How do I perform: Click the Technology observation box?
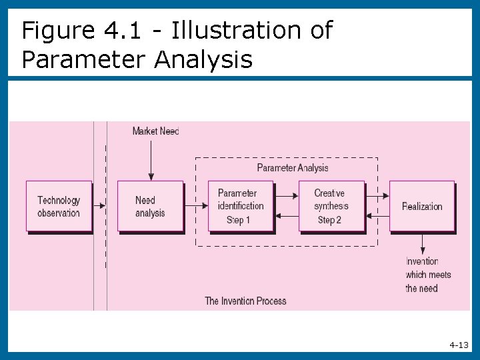point(59,206)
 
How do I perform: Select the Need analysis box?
point(150,206)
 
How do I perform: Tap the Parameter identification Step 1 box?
point(241,206)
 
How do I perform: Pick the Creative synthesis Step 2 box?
point(331,206)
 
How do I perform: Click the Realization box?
point(422,206)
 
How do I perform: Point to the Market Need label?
point(155,131)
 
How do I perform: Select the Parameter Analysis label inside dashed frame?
point(293,168)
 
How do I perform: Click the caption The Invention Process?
point(245,301)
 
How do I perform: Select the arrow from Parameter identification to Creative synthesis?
point(286,196)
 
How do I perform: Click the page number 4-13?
point(459,345)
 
